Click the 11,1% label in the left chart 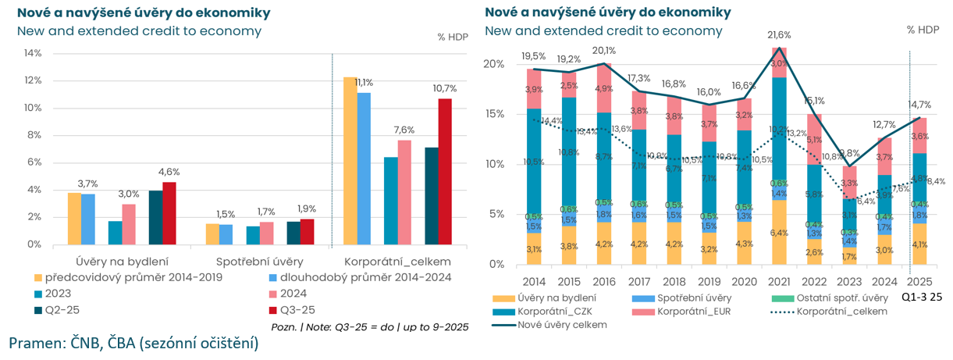click(363, 82)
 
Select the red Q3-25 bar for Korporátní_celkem click(445, 171)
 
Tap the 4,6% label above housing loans click(169, 172)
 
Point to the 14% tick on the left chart click(33, 53)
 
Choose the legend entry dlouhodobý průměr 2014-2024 click(360, 276)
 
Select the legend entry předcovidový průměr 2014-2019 click(133, 276)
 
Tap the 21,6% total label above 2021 click(779, 35)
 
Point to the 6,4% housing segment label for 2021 click(779, 233)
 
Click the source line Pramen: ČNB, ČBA click(133, 344)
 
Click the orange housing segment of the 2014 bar click(534, 248)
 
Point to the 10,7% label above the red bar click(445, 88)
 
